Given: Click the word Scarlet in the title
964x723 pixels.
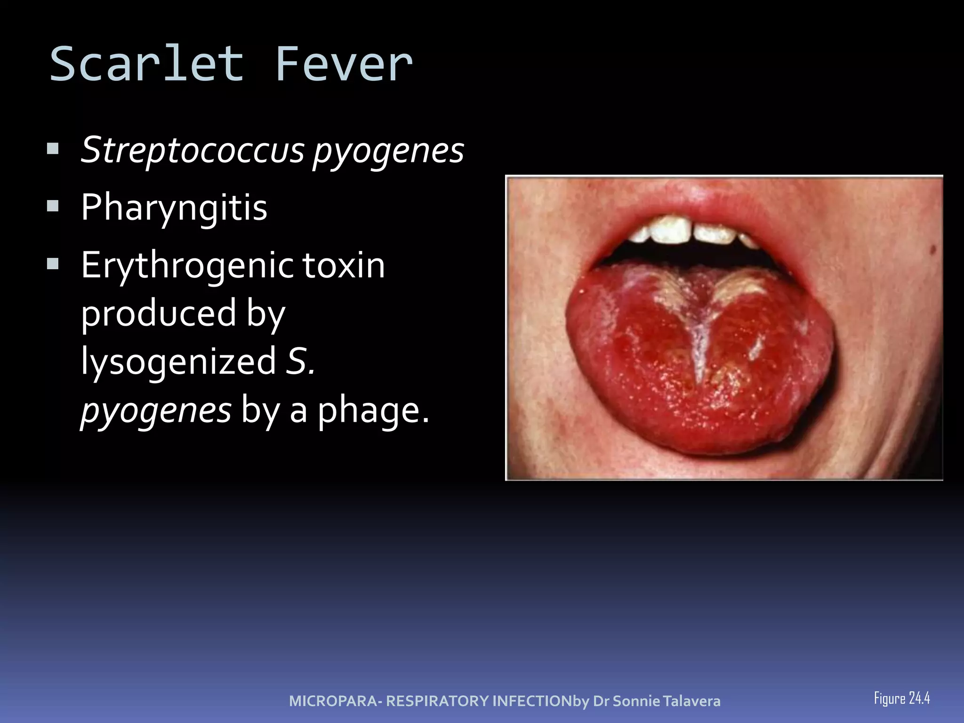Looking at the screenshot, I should (x=147, y=64).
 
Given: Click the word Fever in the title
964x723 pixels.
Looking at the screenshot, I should (x=344, y=64).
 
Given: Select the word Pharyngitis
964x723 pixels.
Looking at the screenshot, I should (x=174, y=207).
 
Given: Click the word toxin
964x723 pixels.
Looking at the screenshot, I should (x=344, y=265).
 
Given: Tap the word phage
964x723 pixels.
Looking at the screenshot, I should (x=373, y=410).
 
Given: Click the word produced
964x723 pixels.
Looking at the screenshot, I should (x=159, y=313).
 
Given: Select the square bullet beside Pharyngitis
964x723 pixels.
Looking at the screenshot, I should (x=53, y=206).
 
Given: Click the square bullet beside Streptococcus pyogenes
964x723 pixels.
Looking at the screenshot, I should (x=53, y=149).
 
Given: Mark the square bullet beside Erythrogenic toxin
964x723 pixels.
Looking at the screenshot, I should (x=53, y=264).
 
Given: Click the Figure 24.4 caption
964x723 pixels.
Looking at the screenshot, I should (x=902, y=698).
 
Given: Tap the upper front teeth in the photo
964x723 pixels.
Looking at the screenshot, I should (x=692, y=231).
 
